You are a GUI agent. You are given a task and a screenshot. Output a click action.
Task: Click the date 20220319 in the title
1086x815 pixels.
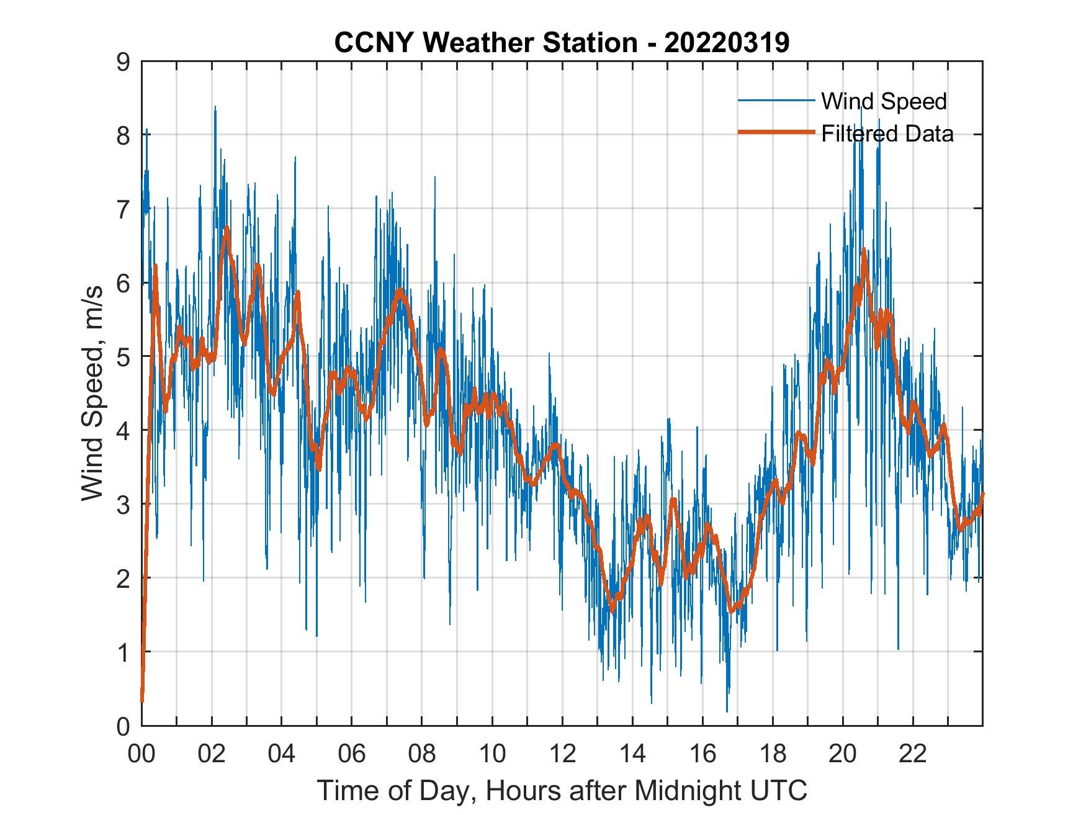click(727, 43)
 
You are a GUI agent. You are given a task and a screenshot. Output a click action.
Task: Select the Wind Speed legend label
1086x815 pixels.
click(884, 101)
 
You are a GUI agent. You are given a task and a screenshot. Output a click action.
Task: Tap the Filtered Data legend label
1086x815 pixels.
click(887, 133)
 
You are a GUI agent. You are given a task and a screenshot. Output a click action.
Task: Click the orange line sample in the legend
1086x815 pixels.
click(776, 132)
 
